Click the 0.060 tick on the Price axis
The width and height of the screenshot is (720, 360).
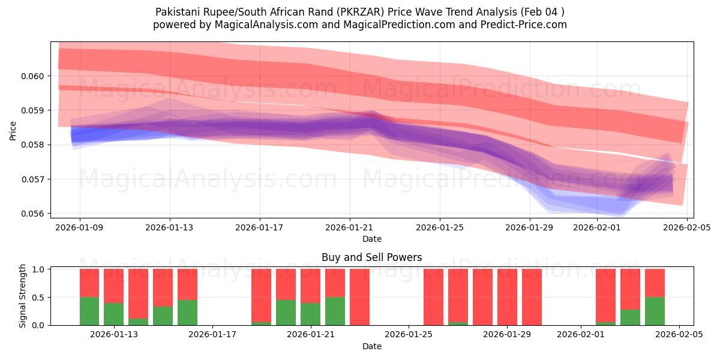(34, 76)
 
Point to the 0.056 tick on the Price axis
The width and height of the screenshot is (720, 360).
(34, 214)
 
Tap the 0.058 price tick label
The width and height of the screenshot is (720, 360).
(34, 145)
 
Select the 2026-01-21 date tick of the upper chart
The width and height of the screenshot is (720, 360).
(350, 227)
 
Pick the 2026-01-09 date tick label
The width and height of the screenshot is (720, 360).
(80, 227)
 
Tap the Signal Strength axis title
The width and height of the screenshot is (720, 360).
(22, 296)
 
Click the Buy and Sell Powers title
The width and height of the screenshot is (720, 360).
(371, 257)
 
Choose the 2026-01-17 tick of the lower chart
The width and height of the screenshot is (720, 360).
(213, 335)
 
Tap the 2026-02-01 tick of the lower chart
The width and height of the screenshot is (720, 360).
(581, 335)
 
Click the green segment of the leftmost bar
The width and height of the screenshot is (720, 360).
(89, 311)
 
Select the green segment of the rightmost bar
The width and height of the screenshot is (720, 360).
(655, 311)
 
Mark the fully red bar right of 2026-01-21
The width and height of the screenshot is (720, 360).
(359, 297)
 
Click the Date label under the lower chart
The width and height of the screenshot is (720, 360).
(371, 346)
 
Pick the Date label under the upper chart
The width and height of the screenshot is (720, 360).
(371, 239)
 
